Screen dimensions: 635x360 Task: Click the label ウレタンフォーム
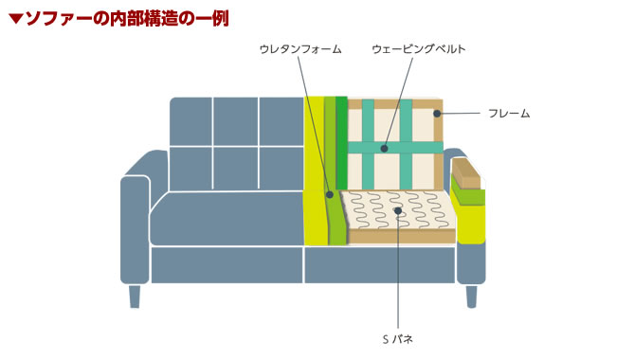300,47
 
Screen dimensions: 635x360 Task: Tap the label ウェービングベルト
418,47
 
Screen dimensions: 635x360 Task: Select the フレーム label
509,114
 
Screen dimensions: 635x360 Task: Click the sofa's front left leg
135,296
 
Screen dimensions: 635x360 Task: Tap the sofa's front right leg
471,296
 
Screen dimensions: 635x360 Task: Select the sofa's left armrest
135,227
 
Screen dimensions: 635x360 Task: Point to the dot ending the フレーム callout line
437,114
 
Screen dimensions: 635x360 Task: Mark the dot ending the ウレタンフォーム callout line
330,195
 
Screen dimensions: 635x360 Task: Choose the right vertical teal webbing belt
406,142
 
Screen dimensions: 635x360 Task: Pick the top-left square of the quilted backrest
190,120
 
